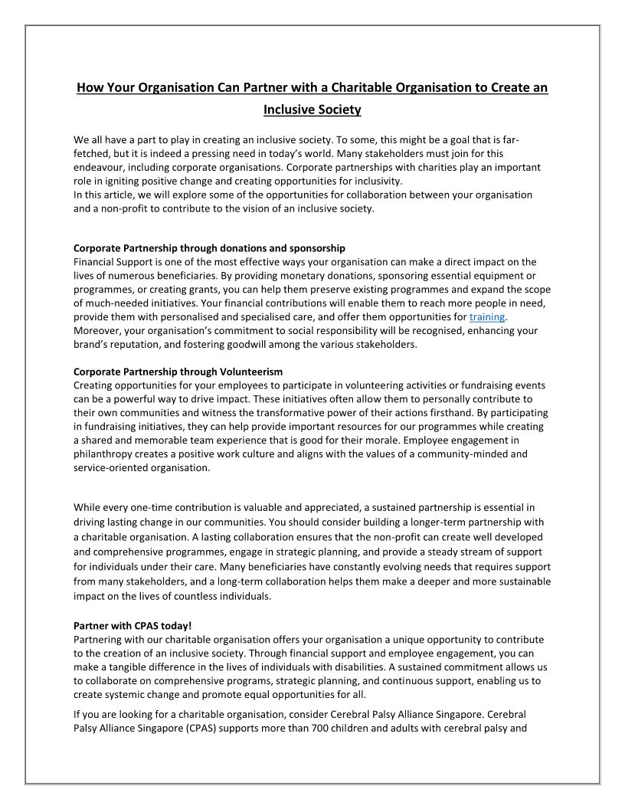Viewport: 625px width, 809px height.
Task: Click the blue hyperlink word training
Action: pyautogui.click(x=488, y=317)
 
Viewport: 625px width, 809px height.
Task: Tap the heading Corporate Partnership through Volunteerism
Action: pyautogui.click(x=167, y=372)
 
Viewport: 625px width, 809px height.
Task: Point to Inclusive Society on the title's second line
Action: pyautogui.click(x=312, y=110)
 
